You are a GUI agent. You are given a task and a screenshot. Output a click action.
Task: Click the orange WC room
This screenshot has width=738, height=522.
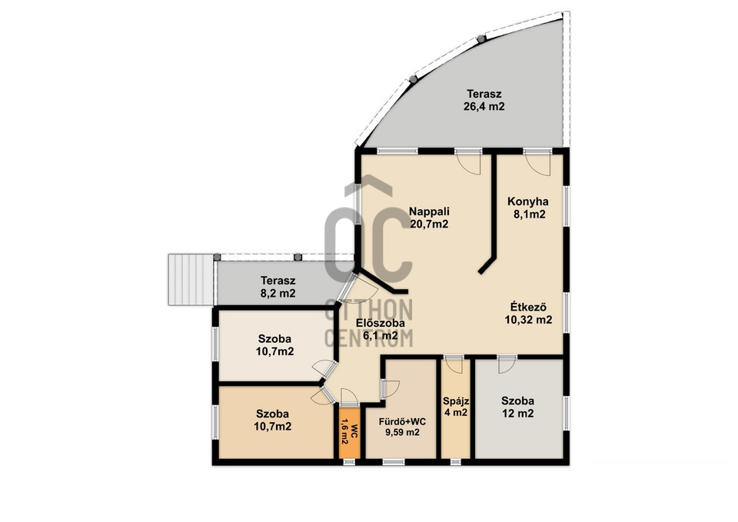click(350, 432)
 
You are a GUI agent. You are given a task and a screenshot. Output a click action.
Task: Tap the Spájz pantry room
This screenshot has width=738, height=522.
click(456, 408)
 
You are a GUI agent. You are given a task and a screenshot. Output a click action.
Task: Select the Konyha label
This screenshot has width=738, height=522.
click(527, 201)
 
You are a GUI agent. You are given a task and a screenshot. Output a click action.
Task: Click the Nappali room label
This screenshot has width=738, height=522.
click(429, 211)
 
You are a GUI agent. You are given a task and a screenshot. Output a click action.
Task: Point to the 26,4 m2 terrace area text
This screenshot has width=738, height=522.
click(484, 106)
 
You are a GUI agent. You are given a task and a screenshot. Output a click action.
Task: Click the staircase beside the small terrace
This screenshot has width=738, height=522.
click(191, 280)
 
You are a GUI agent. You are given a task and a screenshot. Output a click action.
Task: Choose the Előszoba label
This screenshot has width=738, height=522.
click(381, 324)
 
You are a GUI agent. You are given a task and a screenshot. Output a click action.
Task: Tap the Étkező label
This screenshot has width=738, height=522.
click(528, 308)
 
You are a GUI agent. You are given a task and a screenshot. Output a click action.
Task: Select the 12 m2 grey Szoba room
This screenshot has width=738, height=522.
click(519, 408)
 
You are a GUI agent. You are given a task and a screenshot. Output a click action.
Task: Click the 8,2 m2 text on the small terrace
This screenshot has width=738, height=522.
click(278, 294)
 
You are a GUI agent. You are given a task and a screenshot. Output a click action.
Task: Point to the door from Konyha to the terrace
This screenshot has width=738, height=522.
click(537, 163)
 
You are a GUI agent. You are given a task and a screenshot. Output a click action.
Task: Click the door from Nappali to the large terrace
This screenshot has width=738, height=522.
click(469, 162)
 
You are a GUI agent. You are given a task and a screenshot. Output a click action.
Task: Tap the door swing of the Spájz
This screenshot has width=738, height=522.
click(454, 366)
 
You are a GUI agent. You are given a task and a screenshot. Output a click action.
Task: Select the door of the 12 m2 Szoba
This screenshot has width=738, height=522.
click(507, 365)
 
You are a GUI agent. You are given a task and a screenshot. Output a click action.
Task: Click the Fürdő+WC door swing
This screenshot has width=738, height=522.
click(390, 389)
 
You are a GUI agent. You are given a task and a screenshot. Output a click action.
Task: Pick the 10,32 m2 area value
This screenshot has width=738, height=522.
click(528, 320)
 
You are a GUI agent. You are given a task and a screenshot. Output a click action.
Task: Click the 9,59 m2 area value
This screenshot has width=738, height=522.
click(402, 433)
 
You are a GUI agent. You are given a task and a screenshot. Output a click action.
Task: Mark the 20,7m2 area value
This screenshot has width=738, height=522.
click(429, 224)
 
